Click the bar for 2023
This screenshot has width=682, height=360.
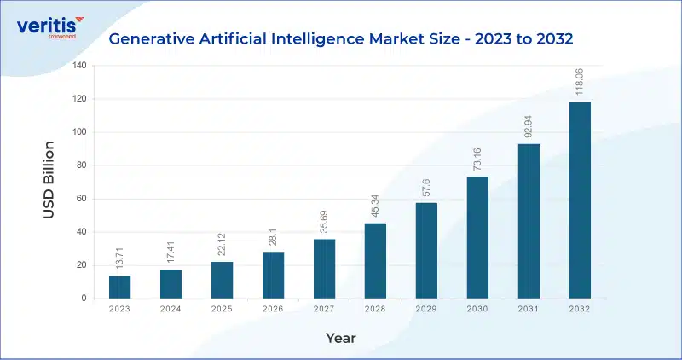[x=119, y=287]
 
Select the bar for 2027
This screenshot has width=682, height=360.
[x=325, y=269]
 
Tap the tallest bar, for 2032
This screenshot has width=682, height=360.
[x=580, y=200]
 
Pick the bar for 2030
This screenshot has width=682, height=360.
[x=477, y=238]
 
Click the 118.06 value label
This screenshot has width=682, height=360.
[x=579, y=82]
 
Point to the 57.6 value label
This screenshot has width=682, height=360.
[x=425, y=187]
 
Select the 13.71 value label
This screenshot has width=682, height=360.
[x=119, y=258]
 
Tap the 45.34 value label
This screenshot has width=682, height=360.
[x=374, y=206]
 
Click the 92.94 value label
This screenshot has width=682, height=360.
[x=528, y=126]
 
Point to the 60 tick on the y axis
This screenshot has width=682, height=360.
[x=82, y=199]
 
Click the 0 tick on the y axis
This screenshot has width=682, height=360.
[x=84, y=299]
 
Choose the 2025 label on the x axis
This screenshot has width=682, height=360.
[x=222, y=309]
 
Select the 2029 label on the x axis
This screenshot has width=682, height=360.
[x=426, y=309]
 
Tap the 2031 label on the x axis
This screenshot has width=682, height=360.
[x=528, y=309]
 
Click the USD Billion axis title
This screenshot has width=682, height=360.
[x=49, y=180]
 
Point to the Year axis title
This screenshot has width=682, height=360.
[x=341, y=338]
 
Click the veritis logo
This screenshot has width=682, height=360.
[x=50, y=27]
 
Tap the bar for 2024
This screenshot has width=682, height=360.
[x=171, y=284]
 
